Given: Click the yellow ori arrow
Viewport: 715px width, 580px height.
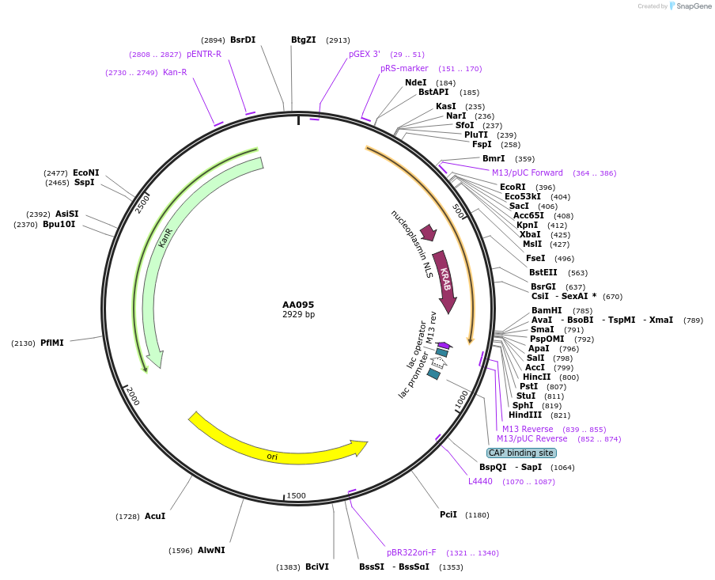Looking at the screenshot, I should [277, 447].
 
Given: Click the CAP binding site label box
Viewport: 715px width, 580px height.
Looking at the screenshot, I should [521, 453].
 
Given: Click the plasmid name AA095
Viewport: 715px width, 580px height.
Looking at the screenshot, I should [298, 305].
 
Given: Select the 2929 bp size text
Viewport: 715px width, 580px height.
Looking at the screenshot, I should [298, 315].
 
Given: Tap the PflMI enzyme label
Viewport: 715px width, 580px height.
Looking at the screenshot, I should [52, 343].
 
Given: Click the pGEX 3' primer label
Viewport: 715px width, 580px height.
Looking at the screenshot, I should [365, 55].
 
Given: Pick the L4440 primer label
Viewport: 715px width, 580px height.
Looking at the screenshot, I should [480, 481].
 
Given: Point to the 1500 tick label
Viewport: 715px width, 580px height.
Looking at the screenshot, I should [296, 495].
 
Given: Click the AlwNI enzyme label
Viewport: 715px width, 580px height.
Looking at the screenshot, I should [211, 550].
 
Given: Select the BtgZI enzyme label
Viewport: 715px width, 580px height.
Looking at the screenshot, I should [304, 40].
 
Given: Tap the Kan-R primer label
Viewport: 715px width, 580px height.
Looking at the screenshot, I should [175, 73].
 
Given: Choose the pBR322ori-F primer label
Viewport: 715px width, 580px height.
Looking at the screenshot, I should [411, 552].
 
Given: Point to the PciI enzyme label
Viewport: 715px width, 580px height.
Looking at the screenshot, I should [448, 515].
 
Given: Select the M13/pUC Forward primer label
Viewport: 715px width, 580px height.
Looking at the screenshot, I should [528, 173].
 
